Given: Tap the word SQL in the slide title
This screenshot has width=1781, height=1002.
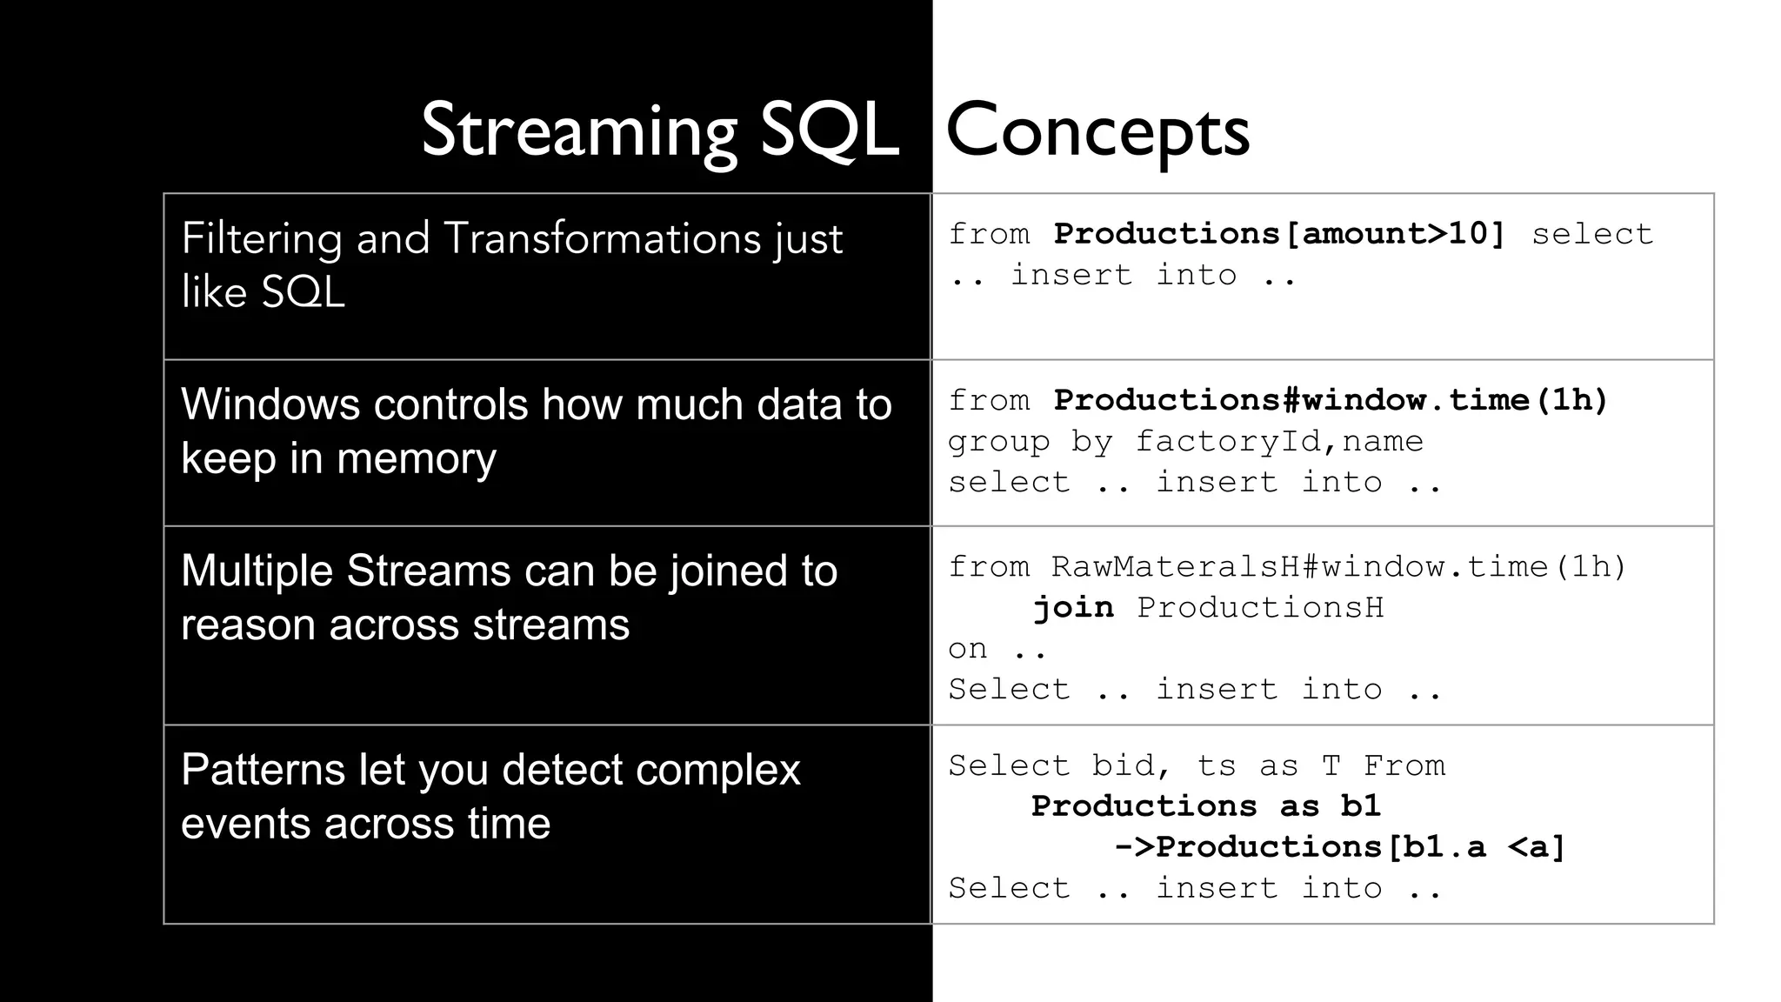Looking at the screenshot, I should click(829, 132).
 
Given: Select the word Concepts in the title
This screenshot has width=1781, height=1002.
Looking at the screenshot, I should click(1097, 132).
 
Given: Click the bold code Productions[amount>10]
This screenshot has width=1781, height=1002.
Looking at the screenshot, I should click(1278, 234).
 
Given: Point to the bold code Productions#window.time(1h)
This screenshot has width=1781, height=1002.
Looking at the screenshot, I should click(1330, 400).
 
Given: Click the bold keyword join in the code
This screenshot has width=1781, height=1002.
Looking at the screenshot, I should click(1073, 607).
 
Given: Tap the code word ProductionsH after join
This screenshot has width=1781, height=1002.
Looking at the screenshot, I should click(1260, 607).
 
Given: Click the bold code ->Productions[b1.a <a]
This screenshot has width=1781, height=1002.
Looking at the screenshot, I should click(1339, 847).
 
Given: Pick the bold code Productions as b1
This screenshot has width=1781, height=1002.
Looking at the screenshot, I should click(1205, 806).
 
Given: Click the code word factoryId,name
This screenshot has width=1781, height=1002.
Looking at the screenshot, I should click(1278, 442).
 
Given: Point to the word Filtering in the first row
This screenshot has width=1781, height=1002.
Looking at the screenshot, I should click(261, 238).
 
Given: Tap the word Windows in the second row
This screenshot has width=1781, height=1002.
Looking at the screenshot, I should click(269, 404).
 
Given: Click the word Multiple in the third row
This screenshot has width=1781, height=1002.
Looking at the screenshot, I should click(257, 571).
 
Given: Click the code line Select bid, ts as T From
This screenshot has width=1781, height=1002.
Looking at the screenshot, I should click(1197, 765).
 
